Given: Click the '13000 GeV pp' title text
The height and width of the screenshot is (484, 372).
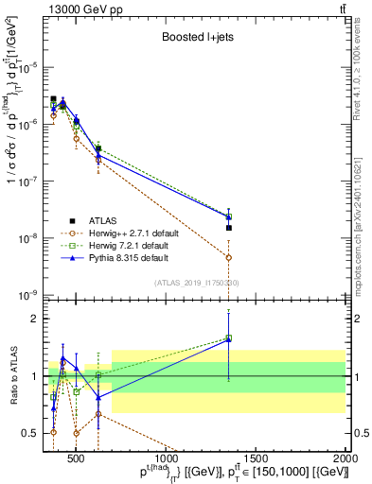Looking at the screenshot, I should pos(78,9).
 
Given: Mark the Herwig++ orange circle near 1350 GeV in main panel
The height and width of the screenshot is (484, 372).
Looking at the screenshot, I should pos(228,257).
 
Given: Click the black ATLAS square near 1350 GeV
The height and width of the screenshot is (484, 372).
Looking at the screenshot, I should pos(228,228).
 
